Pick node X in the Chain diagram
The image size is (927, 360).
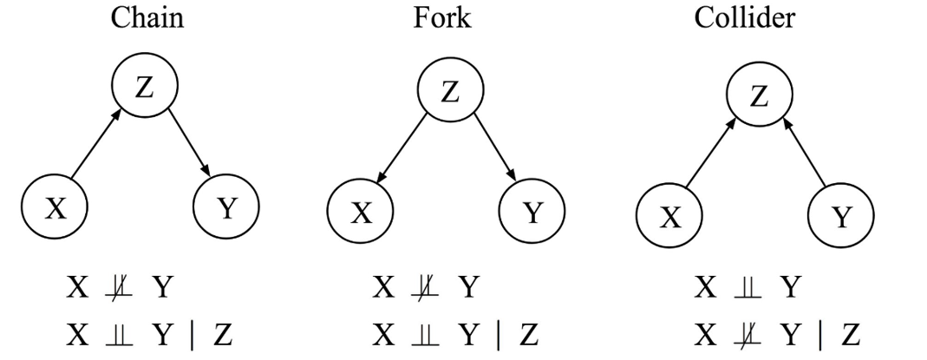click(x=55, y=208)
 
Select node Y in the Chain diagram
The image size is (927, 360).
click(x=225, y=208)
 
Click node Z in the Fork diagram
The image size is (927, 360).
click(x=450, y=92)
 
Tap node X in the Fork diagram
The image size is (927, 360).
click(x=360, y=212)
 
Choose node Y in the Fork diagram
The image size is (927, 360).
click(x=532, y=212)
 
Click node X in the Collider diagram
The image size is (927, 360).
click(x=669, y=216)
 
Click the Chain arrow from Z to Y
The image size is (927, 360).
click(x=188, y=143)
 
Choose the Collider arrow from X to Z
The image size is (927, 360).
click(x=710, y=154)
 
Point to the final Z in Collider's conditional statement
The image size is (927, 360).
click(x=851, y=334)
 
